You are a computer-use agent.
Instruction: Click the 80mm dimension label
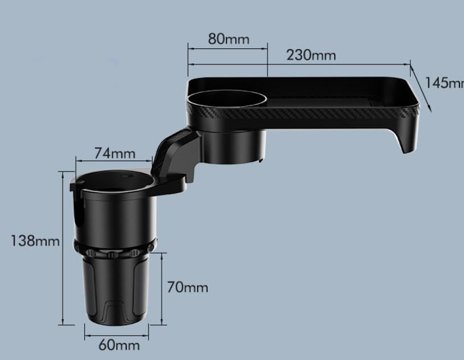pos(228,39)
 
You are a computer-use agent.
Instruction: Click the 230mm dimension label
pos(311,55)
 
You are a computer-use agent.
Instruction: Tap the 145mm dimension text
pos(445,83)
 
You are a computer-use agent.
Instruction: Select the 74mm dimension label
pos(114,153)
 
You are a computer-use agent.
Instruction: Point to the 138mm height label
pos(35,241)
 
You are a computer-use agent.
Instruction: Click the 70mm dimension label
pos(187,287)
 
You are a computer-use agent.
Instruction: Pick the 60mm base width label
pos(119,345)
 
